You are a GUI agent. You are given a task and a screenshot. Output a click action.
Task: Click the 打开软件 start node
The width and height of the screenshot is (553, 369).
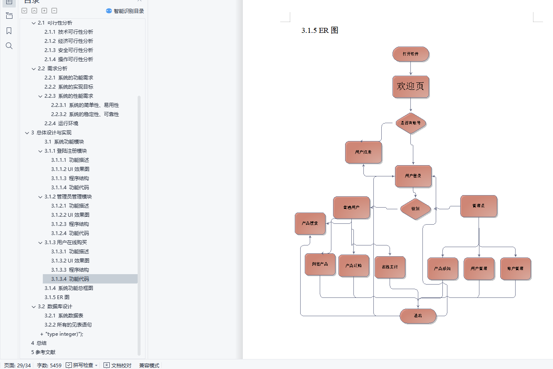point(410,54)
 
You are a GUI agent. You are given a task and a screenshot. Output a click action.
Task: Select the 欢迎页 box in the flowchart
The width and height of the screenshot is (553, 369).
point(410,87)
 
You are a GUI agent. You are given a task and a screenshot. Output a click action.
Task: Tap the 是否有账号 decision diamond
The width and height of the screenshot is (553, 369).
point(411,123)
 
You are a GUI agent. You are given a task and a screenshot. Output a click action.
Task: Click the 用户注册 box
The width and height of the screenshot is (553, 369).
point(363,152)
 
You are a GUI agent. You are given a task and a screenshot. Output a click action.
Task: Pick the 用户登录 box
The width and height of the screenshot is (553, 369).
point(413,176)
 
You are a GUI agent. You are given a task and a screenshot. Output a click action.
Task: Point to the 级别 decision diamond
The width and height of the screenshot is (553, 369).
point(415,209)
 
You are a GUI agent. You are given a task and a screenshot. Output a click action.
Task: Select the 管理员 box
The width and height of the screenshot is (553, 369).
point(479,206)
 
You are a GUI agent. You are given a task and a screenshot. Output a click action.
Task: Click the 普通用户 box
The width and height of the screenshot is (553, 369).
point(351,208)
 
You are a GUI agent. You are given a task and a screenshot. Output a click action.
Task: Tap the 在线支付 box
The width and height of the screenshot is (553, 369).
point(390,267)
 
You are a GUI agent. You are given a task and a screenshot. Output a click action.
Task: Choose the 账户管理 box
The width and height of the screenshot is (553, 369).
point(516,269)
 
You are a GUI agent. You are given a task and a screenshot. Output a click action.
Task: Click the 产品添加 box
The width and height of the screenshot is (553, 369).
point(442,269)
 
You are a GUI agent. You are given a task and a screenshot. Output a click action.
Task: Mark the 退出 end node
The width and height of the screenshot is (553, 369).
point(418,316)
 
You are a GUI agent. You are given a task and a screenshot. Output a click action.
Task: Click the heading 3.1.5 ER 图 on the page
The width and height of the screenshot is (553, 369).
point(320,30)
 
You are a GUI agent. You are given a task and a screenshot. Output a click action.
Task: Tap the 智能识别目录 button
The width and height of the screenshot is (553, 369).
point(125,11)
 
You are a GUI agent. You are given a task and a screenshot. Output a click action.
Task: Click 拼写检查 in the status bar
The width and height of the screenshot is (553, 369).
point(83,365)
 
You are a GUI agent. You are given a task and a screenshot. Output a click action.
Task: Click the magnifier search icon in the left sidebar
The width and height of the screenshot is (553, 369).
point(9,46)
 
